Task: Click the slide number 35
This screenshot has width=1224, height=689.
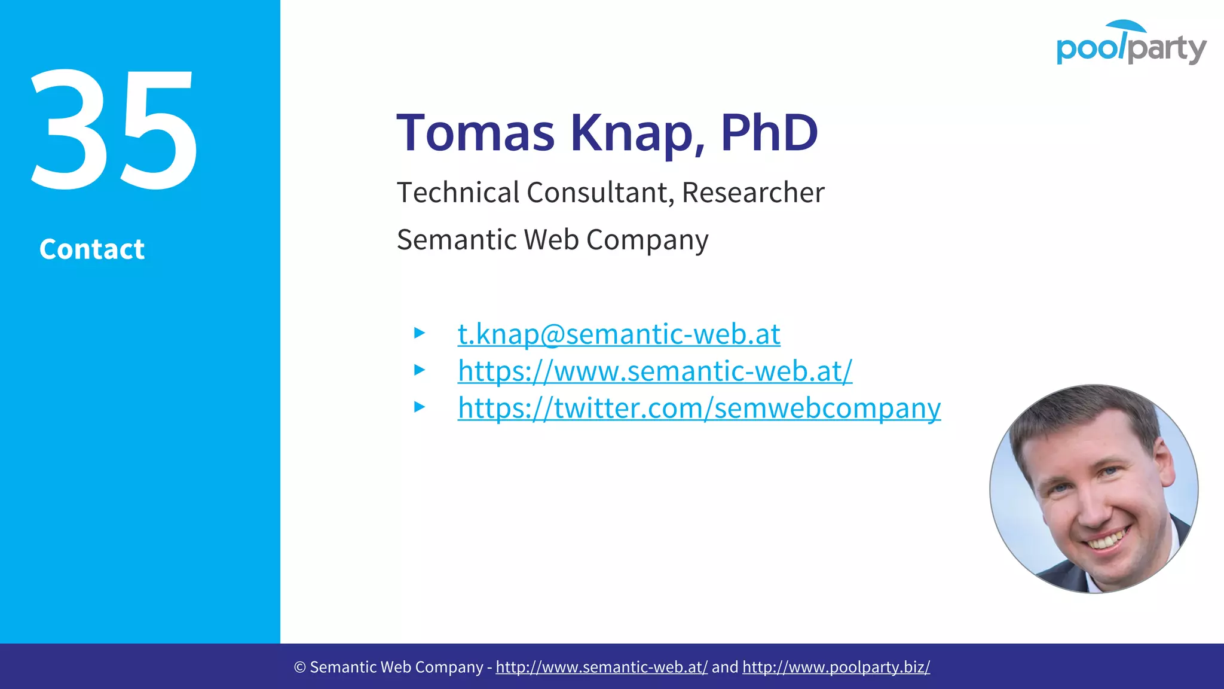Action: [114, 130]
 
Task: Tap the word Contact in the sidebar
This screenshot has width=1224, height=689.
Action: [92, 249]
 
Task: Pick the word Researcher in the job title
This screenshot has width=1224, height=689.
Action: [753, 193]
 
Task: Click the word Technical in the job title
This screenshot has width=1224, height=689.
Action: [458, 193]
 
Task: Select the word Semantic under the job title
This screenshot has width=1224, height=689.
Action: [457, 240]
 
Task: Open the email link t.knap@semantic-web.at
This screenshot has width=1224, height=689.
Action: [619, 334]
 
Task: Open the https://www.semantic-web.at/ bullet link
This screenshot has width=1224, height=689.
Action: [655, 371]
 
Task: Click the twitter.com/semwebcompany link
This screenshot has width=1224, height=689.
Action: [699, 408]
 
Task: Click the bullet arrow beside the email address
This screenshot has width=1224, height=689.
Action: [420, 333]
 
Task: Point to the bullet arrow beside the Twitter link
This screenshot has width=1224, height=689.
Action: [420, 407]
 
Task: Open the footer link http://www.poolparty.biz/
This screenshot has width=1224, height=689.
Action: [836, 667]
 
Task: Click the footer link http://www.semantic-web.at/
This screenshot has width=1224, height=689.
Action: [601, 667]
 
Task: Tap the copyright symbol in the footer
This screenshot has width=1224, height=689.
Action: [299, 667]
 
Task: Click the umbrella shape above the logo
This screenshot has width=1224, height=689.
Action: [1126, 26]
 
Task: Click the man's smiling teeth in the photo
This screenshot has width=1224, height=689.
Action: [1106, 539]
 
